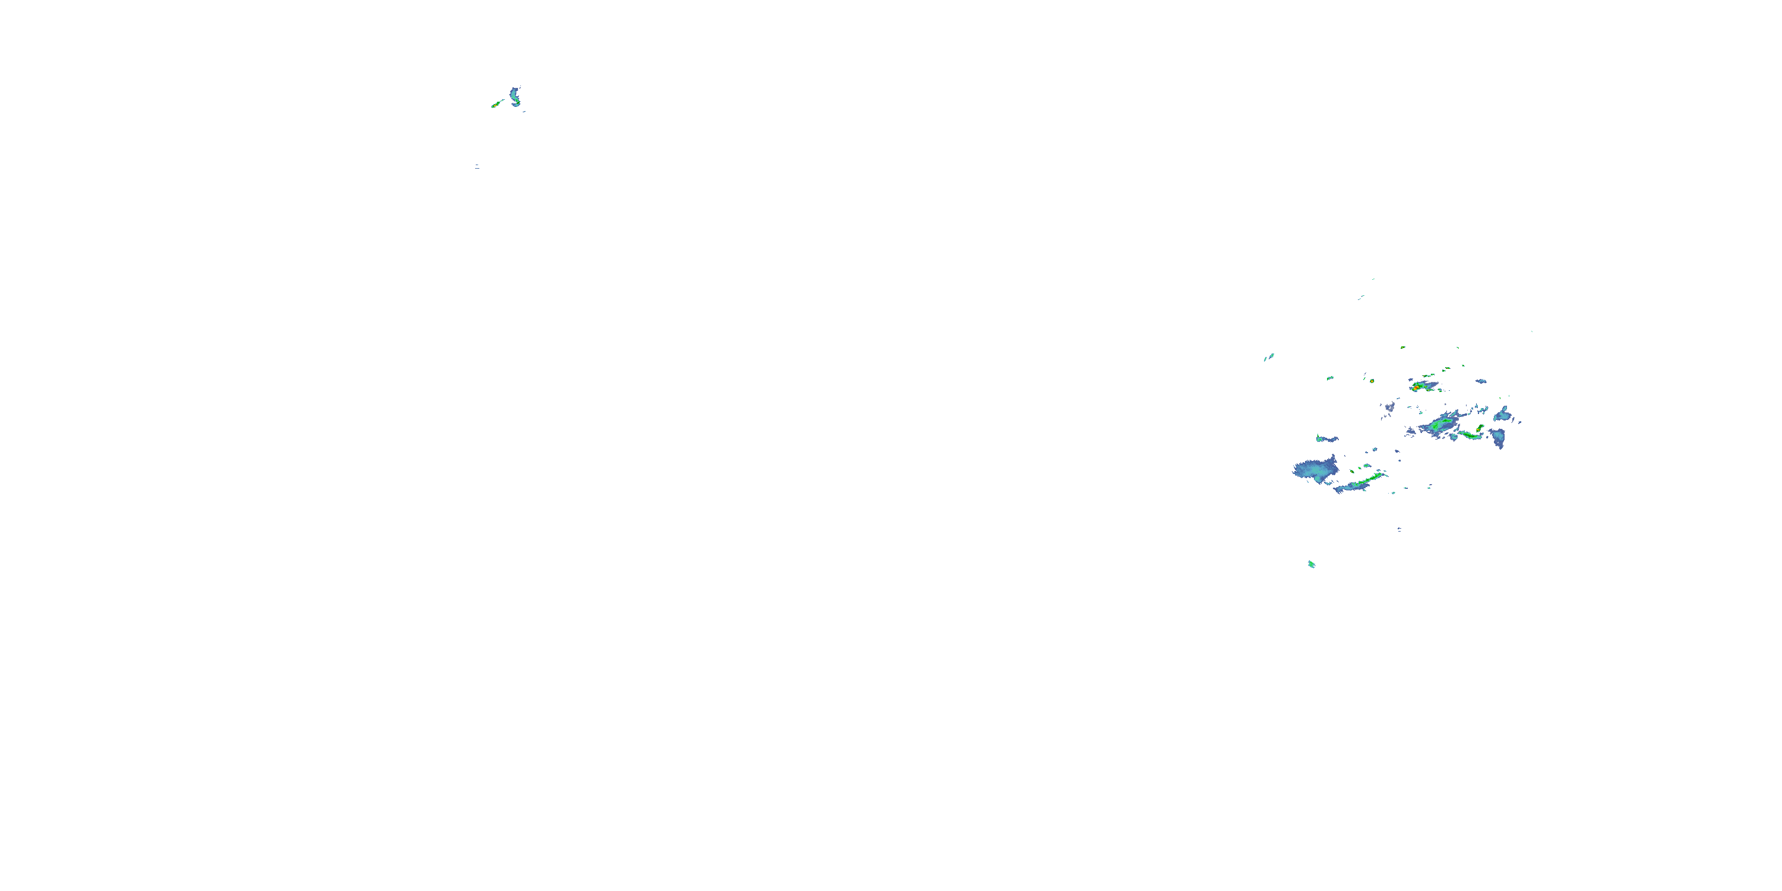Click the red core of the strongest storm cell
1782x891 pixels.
point(1416,387)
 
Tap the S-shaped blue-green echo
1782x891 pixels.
point(514,97)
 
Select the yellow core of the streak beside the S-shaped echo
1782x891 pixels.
point(497,105)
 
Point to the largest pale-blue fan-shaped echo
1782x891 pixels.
point(1316,470)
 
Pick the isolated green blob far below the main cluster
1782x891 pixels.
point(1311,564)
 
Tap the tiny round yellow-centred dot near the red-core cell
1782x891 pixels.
point(1372,381)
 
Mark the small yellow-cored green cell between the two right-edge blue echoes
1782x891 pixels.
point(1480,428)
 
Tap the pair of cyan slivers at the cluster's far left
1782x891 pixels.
point(1269,357)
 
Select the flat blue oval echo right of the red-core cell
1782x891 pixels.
point(1481,381)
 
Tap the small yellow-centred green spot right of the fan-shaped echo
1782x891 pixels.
point(1353,472)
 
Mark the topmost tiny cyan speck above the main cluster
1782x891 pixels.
point(1373,279)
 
